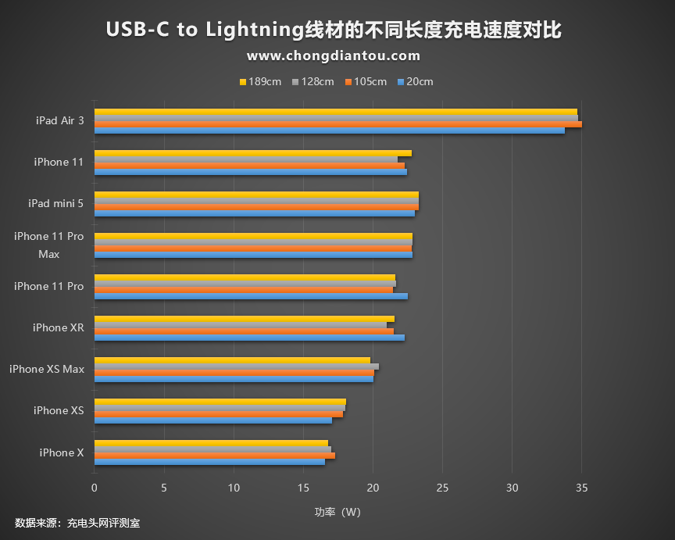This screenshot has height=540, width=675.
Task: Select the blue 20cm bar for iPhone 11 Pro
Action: [x=251, y=296]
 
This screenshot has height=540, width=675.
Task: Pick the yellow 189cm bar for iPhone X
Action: [x=211, y=443]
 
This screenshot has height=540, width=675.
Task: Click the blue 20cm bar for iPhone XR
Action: [x=249, y=338]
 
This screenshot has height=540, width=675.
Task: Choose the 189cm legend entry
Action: [x=261, y=82]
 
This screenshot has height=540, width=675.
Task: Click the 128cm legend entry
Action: [x=313, y=82]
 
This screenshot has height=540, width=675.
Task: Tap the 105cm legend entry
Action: [x=366, y=82]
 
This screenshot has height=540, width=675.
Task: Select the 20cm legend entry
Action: [x=415, y=82]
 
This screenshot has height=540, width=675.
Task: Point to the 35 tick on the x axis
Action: [x=581, y=488]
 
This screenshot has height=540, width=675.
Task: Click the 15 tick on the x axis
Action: [x=303, y=488]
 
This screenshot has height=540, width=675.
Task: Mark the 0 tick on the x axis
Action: [x=95, y=488]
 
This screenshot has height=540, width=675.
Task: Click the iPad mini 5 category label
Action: [x=55, y=204]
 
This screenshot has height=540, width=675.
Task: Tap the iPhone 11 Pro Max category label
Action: [x=48, y=245]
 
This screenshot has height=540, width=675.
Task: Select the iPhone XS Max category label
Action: [x=47, y=369]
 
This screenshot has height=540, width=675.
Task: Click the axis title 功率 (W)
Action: [x=337, y=513]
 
